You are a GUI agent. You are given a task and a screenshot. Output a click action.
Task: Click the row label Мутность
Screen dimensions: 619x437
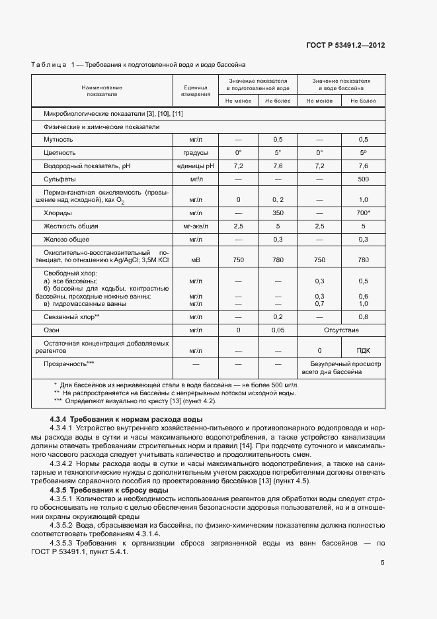(x=58, y=140)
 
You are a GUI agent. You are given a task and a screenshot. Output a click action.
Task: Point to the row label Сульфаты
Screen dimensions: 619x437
(x=60, y=179)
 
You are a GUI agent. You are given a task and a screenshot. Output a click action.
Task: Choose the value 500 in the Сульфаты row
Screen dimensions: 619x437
(x=363, y=179)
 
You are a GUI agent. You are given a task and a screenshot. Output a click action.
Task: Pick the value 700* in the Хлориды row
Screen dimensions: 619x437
(x=363, y=213)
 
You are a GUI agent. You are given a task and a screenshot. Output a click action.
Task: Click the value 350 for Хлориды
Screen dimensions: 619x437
(x=278, y=213)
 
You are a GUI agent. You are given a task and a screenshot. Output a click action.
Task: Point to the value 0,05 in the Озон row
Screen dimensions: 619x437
(x=278, y=329)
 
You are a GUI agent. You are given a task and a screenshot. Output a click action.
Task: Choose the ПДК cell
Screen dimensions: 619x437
(x=363, y=350)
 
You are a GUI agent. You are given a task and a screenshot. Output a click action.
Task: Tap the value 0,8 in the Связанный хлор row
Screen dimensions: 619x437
(x=363, y=316)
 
